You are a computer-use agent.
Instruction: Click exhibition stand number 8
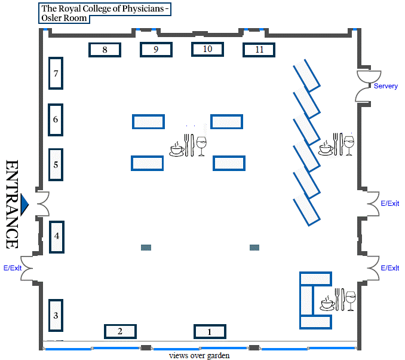[x=105, y=50]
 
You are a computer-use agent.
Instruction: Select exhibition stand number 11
[x=259, y=50]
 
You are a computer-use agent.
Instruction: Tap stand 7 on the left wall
[x=56, y=74]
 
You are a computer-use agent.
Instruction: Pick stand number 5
[x=56, y=164]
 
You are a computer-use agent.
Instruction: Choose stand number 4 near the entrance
[x=57, y=237]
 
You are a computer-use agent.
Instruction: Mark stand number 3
[x=56, y=315]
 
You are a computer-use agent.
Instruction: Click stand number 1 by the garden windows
[x=210, y=331]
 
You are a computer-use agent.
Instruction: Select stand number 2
[x=120, y=331]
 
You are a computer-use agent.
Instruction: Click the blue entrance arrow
[x=24, y=205]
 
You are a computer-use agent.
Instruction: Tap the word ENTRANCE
[x=12, y=205]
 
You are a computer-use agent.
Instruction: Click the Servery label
[x=386, y=86]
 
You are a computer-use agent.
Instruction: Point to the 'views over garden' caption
[x=199, y=356]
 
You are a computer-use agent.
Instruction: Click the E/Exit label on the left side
[x=13, y=268]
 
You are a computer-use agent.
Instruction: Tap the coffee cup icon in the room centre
[x=177, y=150]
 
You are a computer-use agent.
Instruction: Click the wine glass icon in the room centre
[x=201, y=146]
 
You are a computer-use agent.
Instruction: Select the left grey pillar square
[x=146, y=248]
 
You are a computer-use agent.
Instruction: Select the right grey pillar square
[x=254, y=248]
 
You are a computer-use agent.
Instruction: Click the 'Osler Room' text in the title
[x=64, y=18]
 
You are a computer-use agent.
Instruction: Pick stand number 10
[x=207, y=49]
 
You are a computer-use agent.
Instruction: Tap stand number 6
[x=56, y=120]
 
